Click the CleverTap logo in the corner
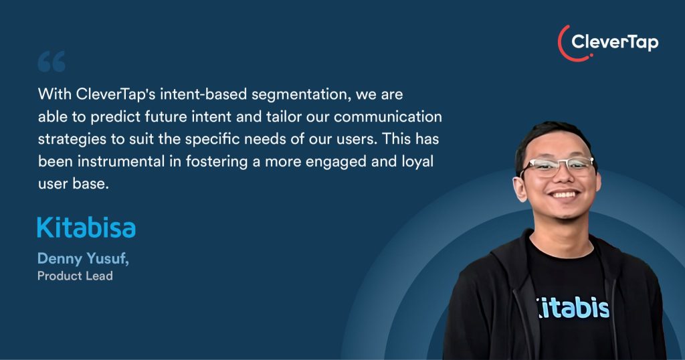click(x=607, y=42)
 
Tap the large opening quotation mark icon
click(x=52, y=61)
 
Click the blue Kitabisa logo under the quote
click(x=86, y=228)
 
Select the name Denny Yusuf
click(x=83, y=259)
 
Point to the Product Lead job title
click(x=75, y=276)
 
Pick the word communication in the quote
click(x=388, y=116)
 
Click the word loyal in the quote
click(x=417, y=162)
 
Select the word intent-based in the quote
click(x=203, y=94)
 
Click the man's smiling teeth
click(x=564, y=194)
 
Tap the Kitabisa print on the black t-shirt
click(x=573, y=308)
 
